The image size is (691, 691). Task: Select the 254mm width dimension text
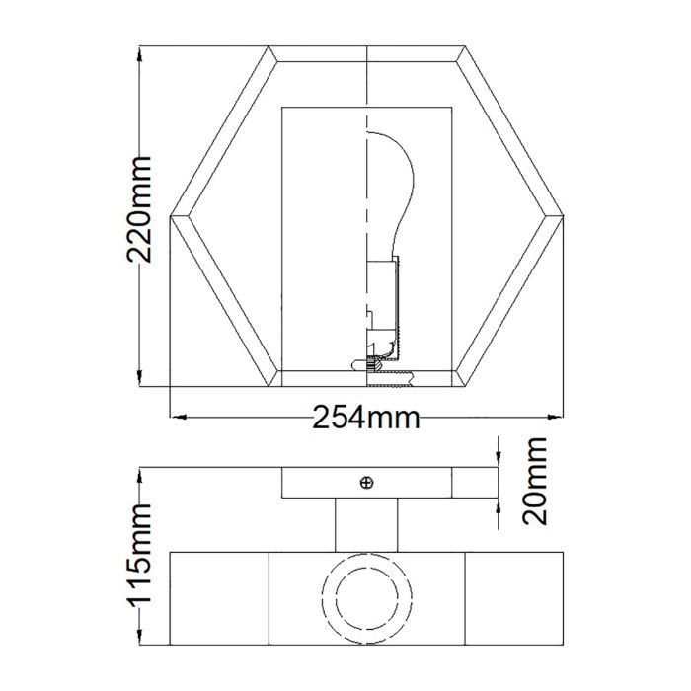pyautogui.click(x=366, y=418)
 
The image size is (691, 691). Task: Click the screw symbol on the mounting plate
pyautogui.click(x=367, y=482)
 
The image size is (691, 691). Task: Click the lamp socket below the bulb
pyautogui.click(x=383, y=296)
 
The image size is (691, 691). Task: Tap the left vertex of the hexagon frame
pyautogui.click(x=172, y=215)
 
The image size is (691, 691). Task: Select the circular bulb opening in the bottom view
pyautogui.click(x=366, y=598)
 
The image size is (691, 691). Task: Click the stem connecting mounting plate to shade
pyautogui.click(x=366, y=523)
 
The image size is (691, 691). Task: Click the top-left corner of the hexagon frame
pyautogui.click(x=269, y=45)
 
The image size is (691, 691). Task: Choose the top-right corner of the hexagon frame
pyautogui.click(x=465, y=45)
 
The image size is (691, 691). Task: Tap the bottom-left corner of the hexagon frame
pyautogui.click(x=269, y=385)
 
